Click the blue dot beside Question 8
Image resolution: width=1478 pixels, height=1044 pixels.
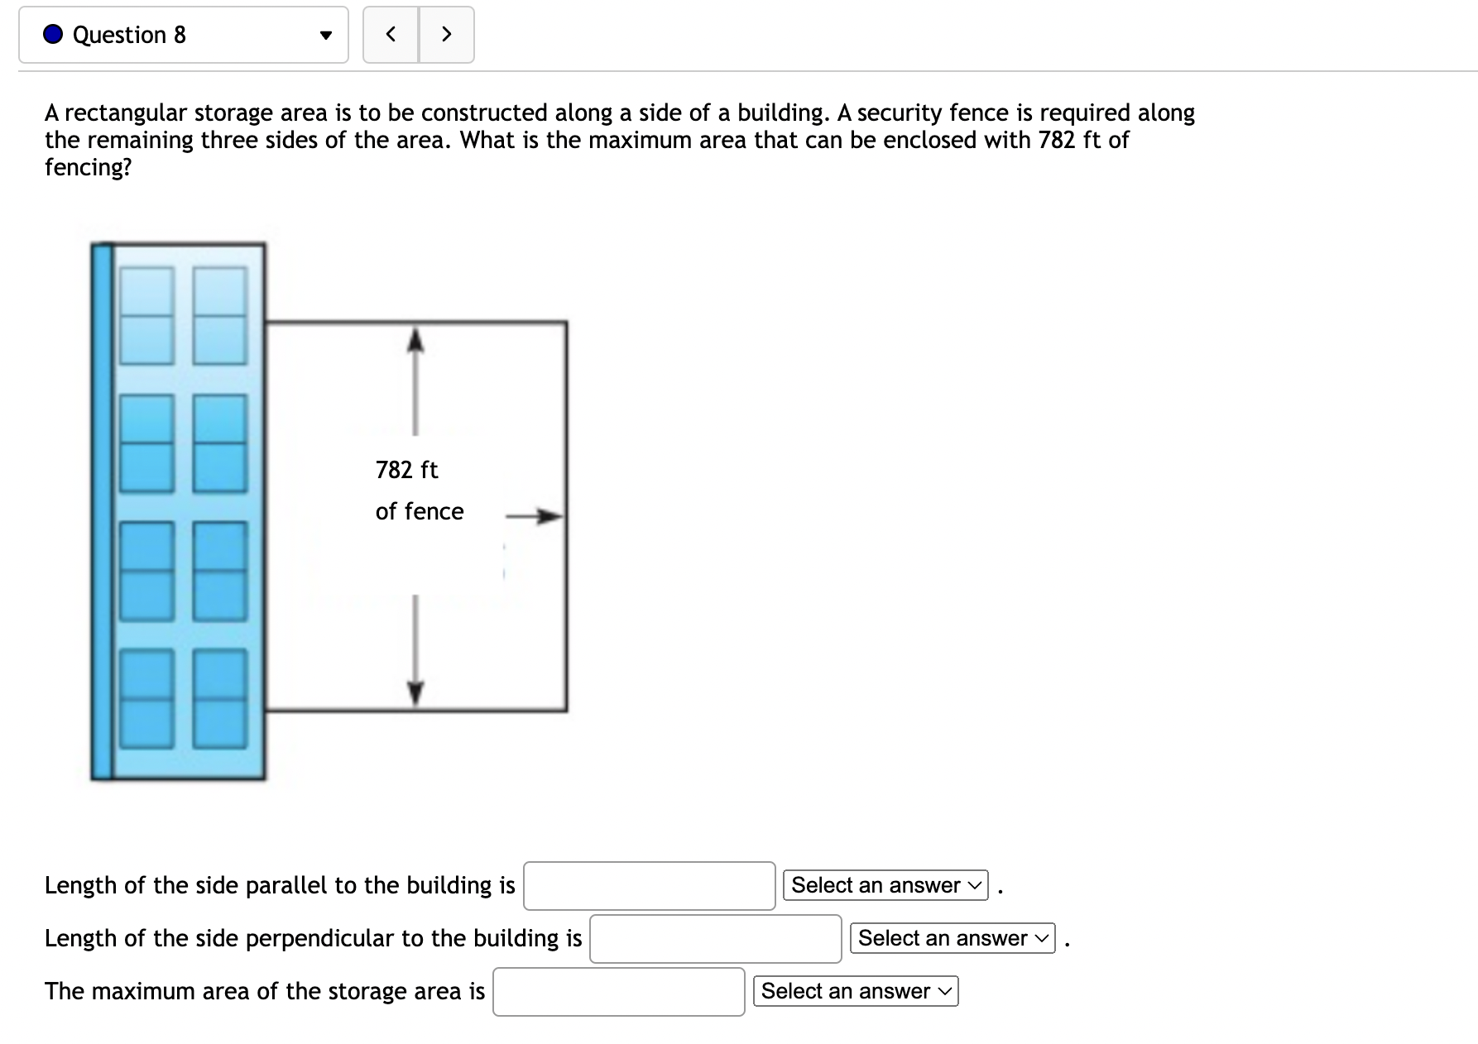pos(53,35)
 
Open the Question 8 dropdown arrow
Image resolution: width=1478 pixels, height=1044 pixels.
pos(326,36)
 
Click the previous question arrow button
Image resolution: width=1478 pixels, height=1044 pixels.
pos(391,35)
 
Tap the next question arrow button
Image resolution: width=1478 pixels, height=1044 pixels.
pos(447,35)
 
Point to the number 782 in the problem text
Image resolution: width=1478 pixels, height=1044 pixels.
pos(1056,140)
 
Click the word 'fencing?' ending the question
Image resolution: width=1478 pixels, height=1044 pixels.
pos(88,167)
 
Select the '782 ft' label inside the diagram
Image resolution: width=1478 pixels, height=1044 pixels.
pos(406,470)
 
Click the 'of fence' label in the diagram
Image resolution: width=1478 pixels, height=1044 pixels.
pos(419,511)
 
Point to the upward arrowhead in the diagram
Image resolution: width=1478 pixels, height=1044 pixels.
pos(415,338)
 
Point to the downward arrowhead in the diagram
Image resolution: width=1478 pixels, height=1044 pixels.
pos(415,692)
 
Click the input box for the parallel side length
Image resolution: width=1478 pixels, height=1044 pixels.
pos(649,886)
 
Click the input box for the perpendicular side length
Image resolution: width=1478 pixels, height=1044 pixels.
pos(715,939)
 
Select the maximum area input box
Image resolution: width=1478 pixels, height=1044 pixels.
pos(618,992)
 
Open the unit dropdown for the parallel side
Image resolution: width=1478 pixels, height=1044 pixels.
pos(885,886)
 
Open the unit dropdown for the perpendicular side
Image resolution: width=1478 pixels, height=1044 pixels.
pos(952,939)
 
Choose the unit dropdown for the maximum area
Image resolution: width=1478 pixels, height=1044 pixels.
pos(855,992)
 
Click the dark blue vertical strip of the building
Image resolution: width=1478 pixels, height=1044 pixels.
pos(101,511)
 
